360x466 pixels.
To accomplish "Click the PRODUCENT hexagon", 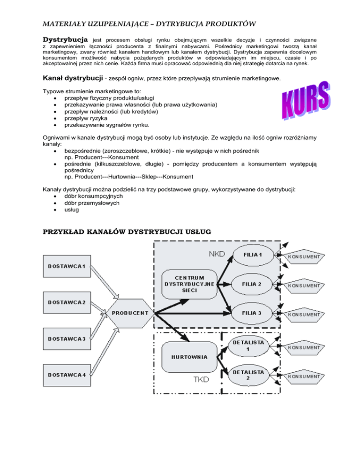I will pyautogui.click(x=130, y=313).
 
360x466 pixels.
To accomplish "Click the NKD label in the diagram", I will pyautogui.click(x=217, y=254).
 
